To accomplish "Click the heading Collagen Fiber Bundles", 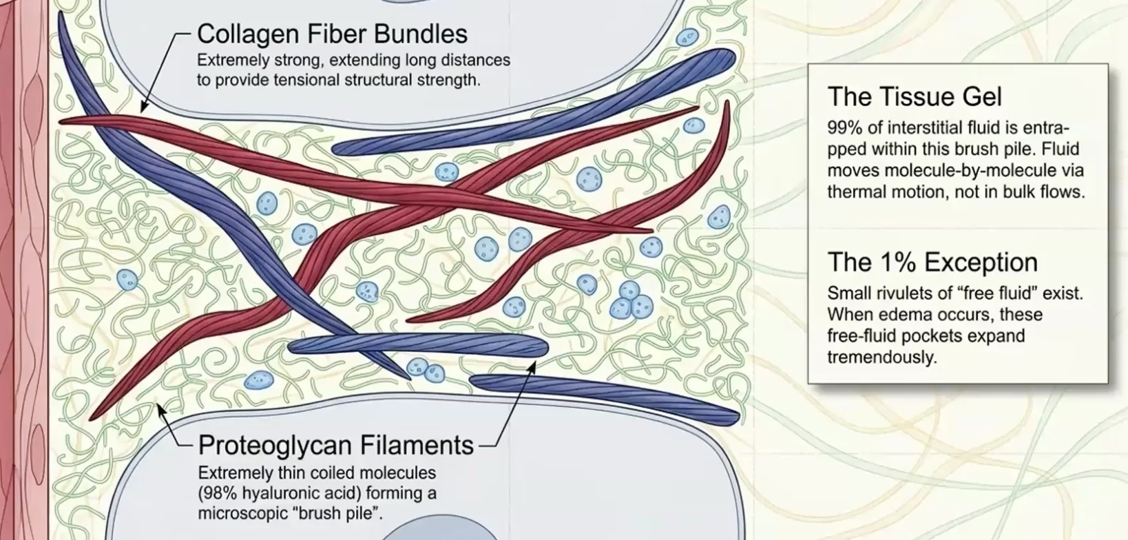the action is pyautogui.click(x=333, y=34).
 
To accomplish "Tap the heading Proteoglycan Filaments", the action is pyautogui.click(x=336, y=445).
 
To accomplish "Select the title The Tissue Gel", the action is pyautogui.click(x=915, y=96).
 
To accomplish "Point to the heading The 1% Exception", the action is pyautogui.click(x=932, y=262).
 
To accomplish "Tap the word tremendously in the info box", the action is pyautogui.click(x=882, y=357).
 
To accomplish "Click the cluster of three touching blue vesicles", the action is pyautogui.click(x=631, y=300).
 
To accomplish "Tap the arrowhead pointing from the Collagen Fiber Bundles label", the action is pyautogui.click(x=143, y=107).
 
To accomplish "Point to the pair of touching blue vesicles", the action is pyautogui.click(x=426, y=370).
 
